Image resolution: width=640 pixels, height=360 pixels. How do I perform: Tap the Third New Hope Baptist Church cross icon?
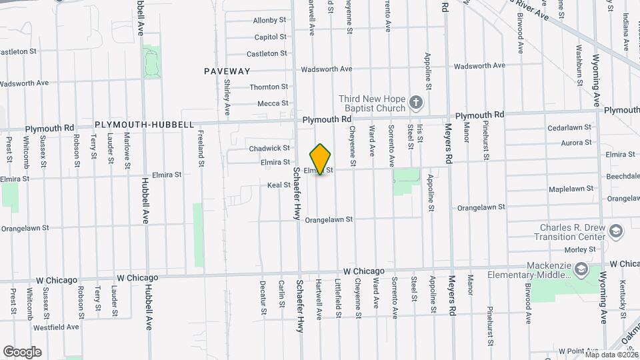pyautogui.click(x=417, y=102)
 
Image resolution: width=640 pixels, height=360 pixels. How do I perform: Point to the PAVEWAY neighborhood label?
pyautogui.click(x=227, y=71)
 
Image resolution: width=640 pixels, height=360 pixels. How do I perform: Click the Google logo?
pyautogui.click(x=22, y=351)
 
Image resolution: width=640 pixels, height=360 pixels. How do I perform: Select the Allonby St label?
pyautogui.click(x=269, y=21)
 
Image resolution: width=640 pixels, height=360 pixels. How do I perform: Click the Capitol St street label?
pyautogui.click(x=270, y=37)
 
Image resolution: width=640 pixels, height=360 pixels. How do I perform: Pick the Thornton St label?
pyautogui.click(x=269, y=87)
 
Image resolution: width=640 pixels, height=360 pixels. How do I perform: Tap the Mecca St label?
pyautogui.click(x=273, y=103)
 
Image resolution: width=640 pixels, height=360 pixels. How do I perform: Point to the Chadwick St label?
pyautogui.click(x=269, y=148)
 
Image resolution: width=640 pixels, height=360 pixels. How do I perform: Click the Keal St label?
pyautogui.click(x=279, y=185)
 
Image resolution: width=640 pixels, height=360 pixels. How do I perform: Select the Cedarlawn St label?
pyautogui.click(x=569, y=127)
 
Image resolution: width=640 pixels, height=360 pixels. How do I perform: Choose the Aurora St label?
pyautogui.click(x=577, y=143)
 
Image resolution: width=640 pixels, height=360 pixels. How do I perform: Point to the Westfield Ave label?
pyautogui.click(x=56, y=327)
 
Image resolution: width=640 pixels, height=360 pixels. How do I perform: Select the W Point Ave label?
pyautogui.click(x=581, y=351)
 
